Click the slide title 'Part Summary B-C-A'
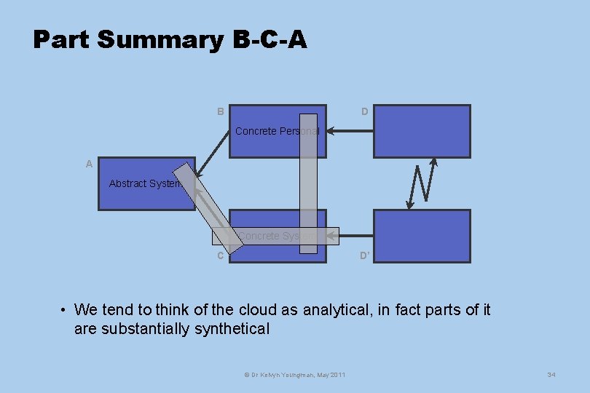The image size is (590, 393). [x=170, y=39]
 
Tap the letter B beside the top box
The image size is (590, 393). [x=220, y=111]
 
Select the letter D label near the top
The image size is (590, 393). [x=364, y=111]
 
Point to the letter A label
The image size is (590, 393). [x=89, y=164]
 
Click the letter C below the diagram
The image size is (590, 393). [x=220, y=255]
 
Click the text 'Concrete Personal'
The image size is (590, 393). [x=277, y=131]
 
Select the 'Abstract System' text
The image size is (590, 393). [x=145, y=183]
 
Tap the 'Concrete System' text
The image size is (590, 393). [x=277, y=236]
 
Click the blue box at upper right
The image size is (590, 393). [x=422, y=131]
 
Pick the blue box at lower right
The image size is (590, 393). [x=422, y=236]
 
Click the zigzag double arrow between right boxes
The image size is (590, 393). [x=422, y=183]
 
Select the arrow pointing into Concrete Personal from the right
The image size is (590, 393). [x=350, y=131]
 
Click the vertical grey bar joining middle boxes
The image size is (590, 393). [x=309, y=182]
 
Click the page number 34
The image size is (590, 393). [x=551, y=374]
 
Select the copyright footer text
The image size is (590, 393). [x=294, y=374]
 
